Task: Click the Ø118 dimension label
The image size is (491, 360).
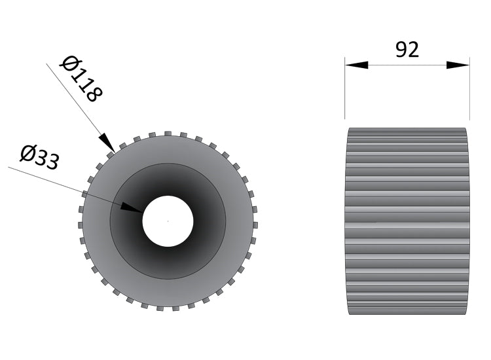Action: (x=82, y=79)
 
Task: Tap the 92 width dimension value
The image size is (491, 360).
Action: (x=407, y=50)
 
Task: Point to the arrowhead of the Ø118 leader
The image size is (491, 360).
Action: (x=107, y=143)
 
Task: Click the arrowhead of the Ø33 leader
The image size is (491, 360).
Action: (x=132, y=208)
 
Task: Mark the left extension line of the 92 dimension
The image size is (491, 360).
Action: (x=345, y=92)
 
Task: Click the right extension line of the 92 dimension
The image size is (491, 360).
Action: (x=469, y=92)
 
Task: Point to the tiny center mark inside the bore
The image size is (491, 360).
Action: (x=168, y=221)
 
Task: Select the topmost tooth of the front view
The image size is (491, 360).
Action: (x=168, y=134)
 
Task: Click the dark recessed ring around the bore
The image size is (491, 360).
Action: (x=196, y=196)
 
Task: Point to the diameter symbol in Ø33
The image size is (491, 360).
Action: (x=28, y=153)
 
